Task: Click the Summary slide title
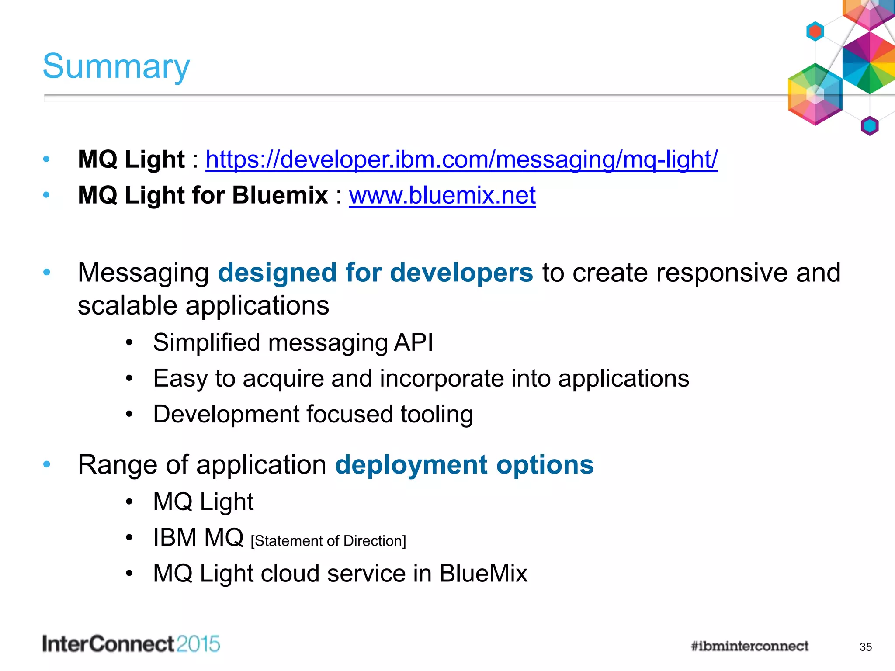tap(116, 66)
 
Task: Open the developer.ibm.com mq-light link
tap(461, 159)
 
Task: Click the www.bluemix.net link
tap(442, 195)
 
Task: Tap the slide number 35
tap(865, 647)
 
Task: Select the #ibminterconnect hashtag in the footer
tap(749, 646)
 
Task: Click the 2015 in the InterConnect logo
tap(198, 644)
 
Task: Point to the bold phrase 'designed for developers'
tap(375, 273)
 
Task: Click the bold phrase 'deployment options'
tap(464, 464)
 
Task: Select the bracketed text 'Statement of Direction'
tap(328, 541)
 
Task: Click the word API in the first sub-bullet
tap(413, 342)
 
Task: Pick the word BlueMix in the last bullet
tap(483, 573)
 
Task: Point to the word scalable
tap(128, 305)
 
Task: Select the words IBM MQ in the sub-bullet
tap(198, 537)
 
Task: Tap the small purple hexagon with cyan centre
tap(869, 126)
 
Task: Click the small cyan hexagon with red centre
tap(815, 31)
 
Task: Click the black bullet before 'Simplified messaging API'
tap(129, 343)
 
